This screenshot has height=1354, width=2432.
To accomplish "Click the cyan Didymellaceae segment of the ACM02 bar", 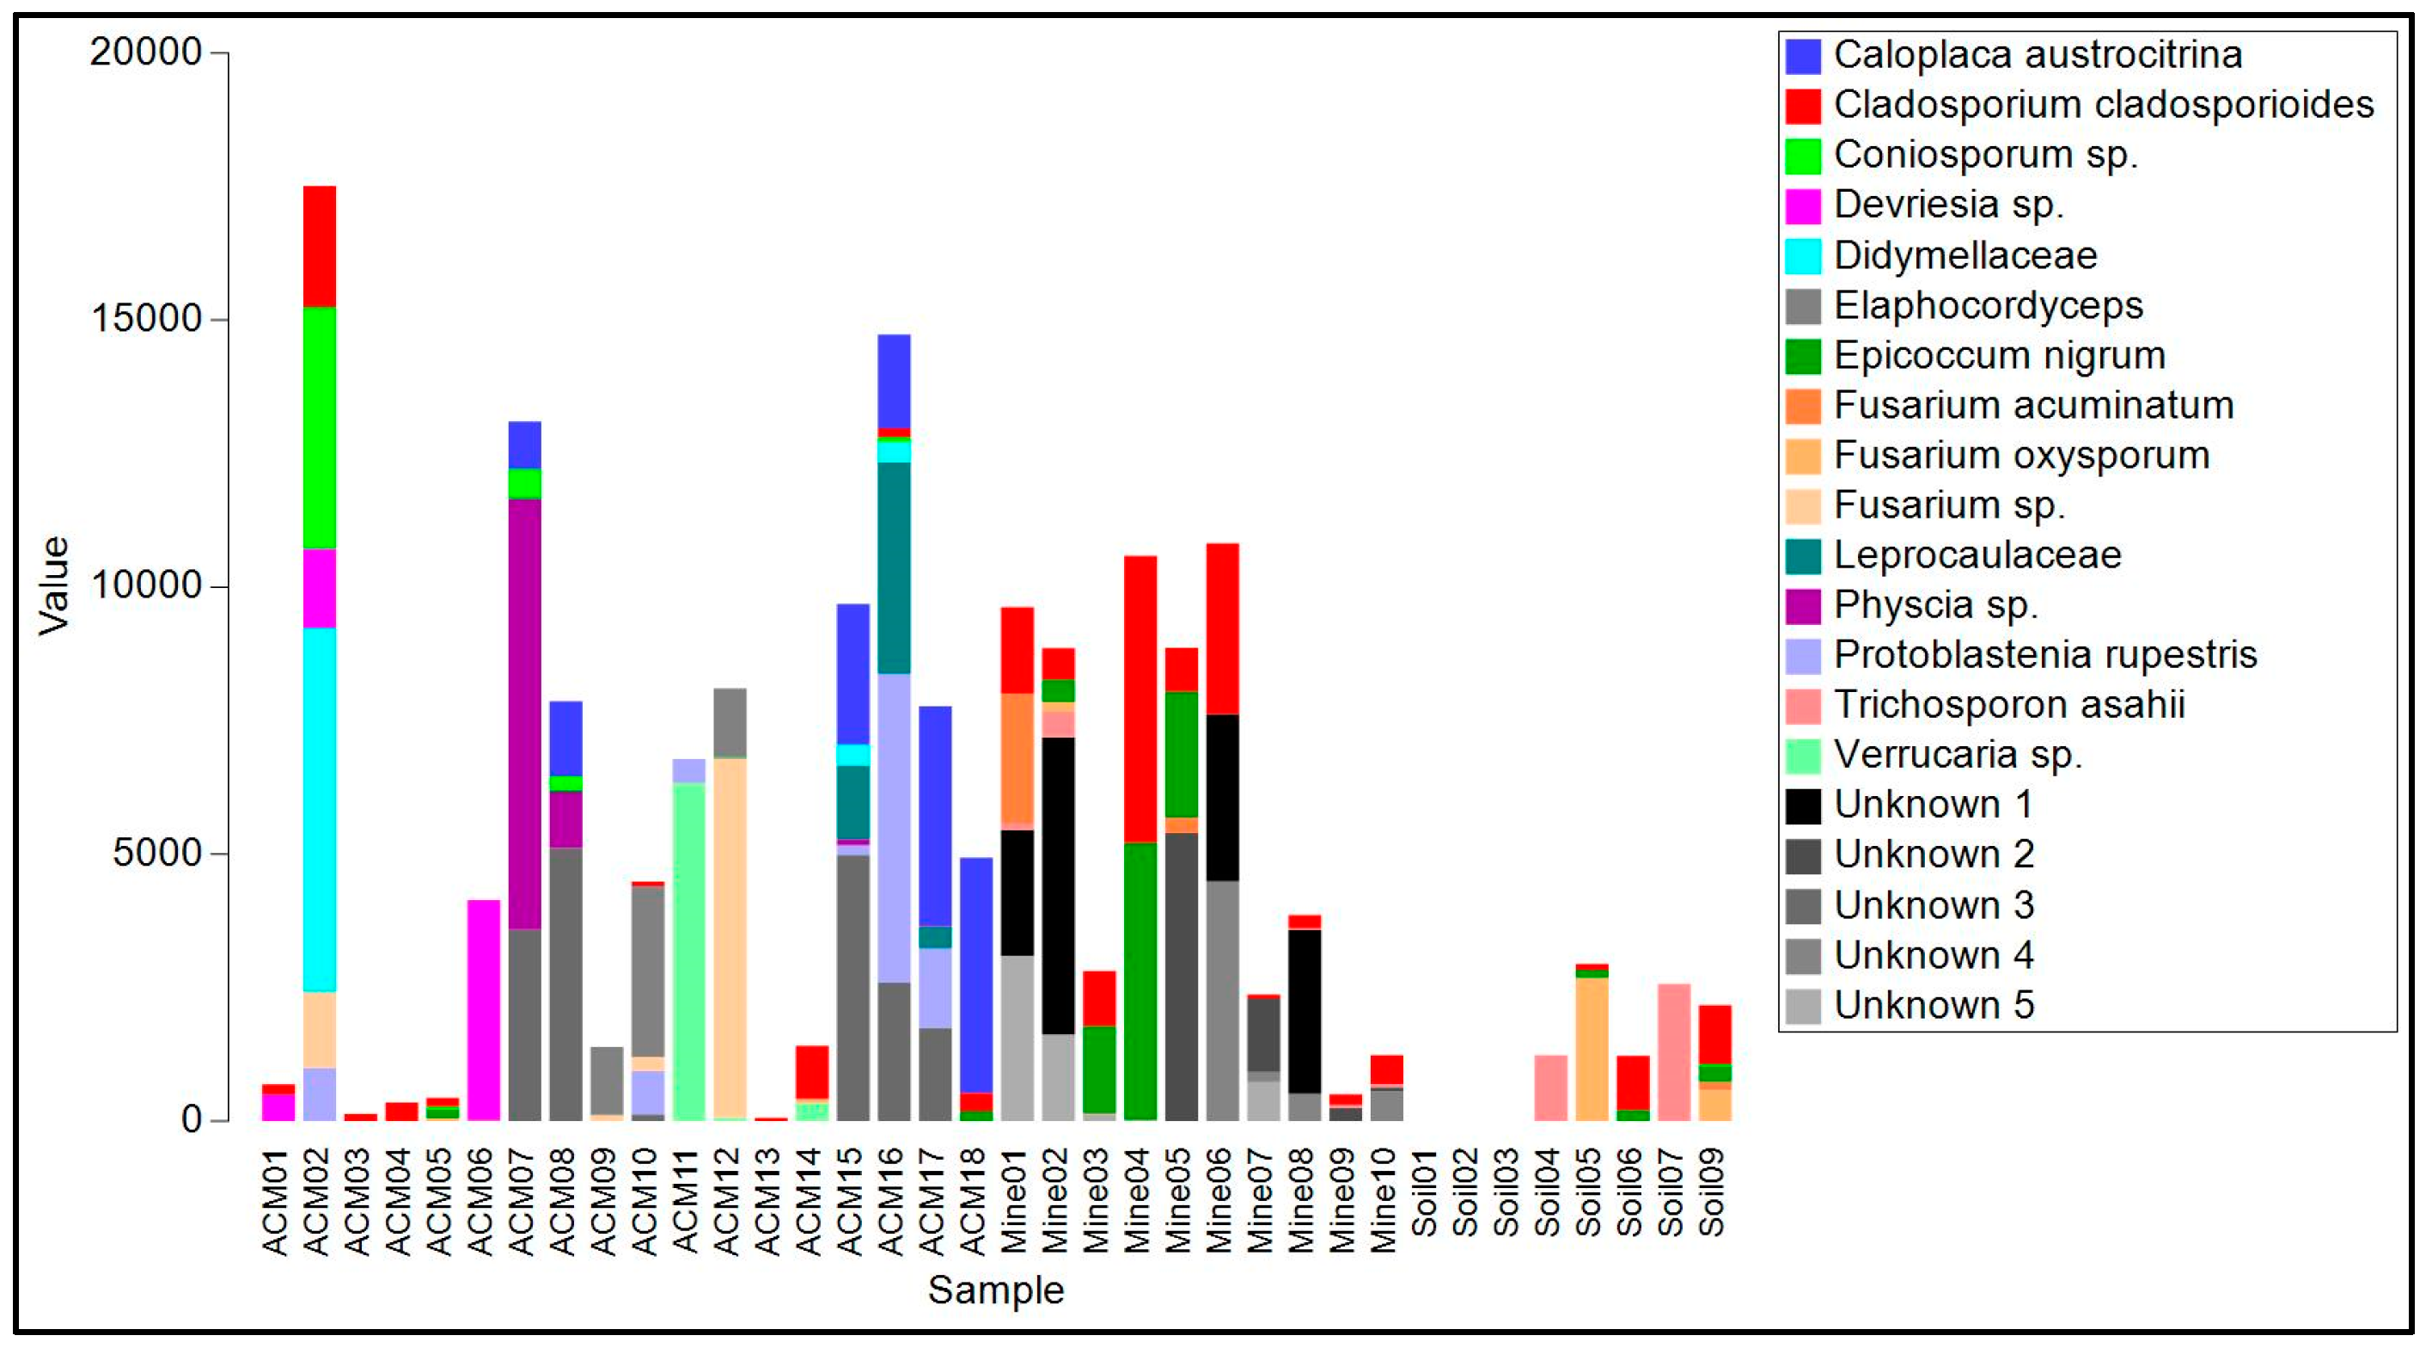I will (x=319, y=808).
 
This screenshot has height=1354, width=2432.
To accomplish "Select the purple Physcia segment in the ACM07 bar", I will (x=525, y=713).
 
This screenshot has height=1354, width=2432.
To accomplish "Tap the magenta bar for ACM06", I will (x=483, y=1009).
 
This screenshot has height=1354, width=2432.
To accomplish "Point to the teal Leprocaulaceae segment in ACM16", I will (x=894, y=567).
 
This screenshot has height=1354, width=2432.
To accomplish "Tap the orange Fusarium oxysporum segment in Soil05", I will (x=1592, y=1048).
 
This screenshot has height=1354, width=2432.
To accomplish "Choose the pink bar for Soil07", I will (x=1674, y=1052).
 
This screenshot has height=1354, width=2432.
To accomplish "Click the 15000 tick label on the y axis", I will (x=146, y=319).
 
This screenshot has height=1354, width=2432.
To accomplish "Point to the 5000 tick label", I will (x=156, y=854).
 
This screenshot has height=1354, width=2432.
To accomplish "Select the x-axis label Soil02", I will (x=1465, y=1192).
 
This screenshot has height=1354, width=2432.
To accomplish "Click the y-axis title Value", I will (x=54, y=585).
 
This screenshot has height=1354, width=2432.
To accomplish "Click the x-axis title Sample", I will (x=995, y=1290).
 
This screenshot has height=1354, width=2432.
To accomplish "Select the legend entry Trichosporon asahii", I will (x=2008, y=704).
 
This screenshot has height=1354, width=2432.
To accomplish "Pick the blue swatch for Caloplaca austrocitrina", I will (x=1802, y=56).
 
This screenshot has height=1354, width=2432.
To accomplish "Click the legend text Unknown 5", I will (x=1933, y=1005).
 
